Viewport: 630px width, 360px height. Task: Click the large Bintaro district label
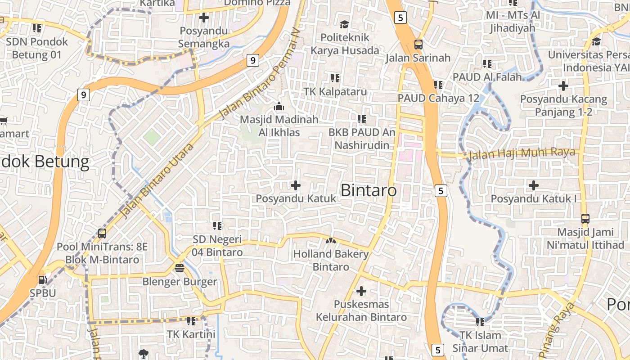coord(369,190)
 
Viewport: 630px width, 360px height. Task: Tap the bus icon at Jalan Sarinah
coord(418,44)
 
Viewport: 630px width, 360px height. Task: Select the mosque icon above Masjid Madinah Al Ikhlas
coord(279,107)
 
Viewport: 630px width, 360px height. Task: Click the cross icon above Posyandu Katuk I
coord(533,185)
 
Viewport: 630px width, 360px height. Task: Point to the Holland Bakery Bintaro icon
coord(331,241)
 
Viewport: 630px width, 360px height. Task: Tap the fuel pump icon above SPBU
coord(42,279)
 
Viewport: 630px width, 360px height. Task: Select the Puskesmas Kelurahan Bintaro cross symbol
coord(361,291)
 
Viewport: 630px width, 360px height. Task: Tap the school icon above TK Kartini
coord(191,321)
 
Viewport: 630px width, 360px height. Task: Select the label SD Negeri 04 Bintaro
coord(217,246)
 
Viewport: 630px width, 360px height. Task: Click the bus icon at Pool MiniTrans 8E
coord(102,234)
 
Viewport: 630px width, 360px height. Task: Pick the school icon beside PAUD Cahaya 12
coord(438,85)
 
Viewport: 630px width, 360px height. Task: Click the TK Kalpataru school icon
coord(335,78)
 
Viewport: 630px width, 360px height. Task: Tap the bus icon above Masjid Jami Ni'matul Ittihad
coord(585,219)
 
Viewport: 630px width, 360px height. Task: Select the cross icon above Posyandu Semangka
coord(204,18)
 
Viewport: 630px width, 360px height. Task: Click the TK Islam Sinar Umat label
coord(480,342)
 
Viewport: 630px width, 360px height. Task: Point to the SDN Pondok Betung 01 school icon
coord(37,28)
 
